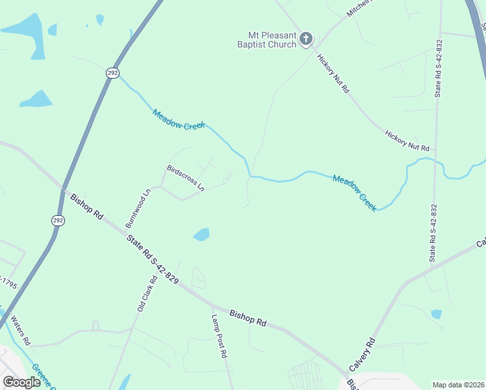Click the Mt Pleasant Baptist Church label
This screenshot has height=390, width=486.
coord(271,40)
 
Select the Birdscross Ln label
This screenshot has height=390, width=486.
coord(185,177)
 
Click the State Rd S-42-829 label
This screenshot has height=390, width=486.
coord(153,258)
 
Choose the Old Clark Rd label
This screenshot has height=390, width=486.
coord(147,294)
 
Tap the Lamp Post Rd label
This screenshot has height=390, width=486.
coord(219,336)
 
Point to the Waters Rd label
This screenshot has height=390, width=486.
coord(21,331)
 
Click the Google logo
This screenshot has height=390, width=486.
coord(21,382)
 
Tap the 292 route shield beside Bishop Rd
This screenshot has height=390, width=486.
coord(58,220)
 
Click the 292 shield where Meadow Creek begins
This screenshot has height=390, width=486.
coord(112,73)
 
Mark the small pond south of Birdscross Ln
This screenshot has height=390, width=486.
coord(201,235)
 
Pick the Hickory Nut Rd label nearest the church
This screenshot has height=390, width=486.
coord(333,73)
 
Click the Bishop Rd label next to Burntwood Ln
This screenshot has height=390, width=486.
coord(87,205)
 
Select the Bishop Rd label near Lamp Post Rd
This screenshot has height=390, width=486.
coord(248,318)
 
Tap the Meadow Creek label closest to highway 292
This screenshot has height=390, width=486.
coord(179,119)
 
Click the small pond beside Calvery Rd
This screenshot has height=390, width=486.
coord(437,314)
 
